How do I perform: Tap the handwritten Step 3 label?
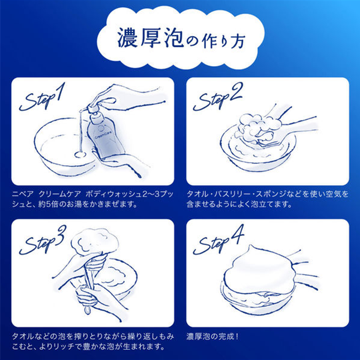click(43, 240)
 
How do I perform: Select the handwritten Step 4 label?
click(218, 240)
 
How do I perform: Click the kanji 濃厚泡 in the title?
click(150, 38)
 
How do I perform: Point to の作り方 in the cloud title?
click(215, 40)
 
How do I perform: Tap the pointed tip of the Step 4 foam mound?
click(251, 246)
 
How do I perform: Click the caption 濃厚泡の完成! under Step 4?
click(212, 336)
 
